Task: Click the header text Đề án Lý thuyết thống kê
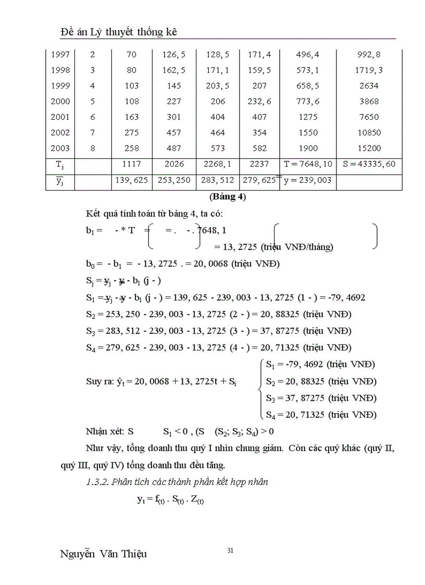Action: coord(119,32)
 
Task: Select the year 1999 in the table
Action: coord(60,85)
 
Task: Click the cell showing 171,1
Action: coord(218,70)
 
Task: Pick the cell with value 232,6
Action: coord(259,101)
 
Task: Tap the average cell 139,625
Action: coord(132,180)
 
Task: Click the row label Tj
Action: coord(60,164)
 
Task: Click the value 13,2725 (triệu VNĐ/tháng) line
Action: coord(273,247)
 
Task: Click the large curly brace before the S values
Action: coord(259,390)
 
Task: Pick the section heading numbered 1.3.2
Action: coord(177,482)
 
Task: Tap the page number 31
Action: coord(230,551)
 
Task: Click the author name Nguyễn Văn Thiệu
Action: coord(103,554)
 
